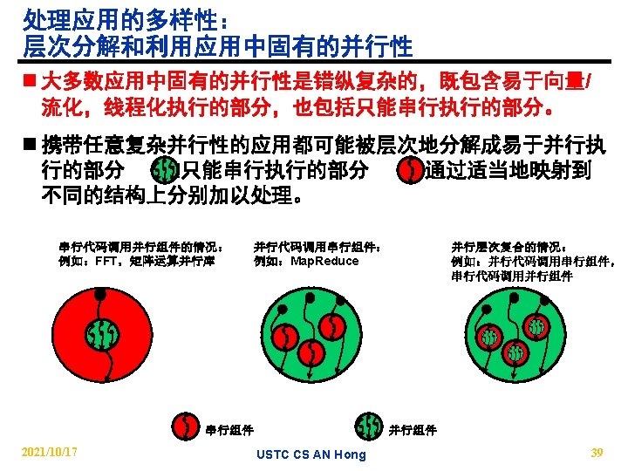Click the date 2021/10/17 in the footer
coord(50,452)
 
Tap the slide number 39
coord(597,452)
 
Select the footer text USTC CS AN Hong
coord(311,454)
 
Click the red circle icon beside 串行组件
coord(186,427)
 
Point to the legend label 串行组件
coord(229,430)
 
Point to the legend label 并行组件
coord(413,430)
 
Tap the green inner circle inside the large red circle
coord(101,333)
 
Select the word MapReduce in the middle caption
coord(324,261)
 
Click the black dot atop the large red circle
coord(100,294)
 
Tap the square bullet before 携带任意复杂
coord(31,145)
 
